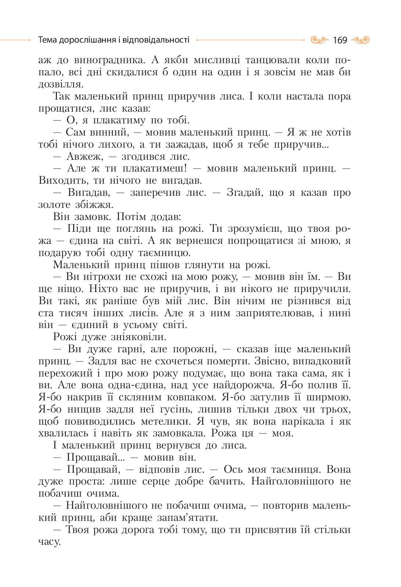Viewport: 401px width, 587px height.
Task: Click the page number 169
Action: click(x=340, y=40)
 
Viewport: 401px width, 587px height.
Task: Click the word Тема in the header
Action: click(x=47, y=40)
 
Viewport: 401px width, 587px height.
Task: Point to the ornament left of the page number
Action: click(x=319, y=40)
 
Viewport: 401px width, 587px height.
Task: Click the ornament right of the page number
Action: click(x=360, y=40)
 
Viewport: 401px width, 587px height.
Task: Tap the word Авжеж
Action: click(x=82, y=156)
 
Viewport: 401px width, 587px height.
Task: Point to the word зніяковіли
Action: click(x=138, y=337)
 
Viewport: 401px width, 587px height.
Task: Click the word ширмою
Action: click(x=328, y=397)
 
